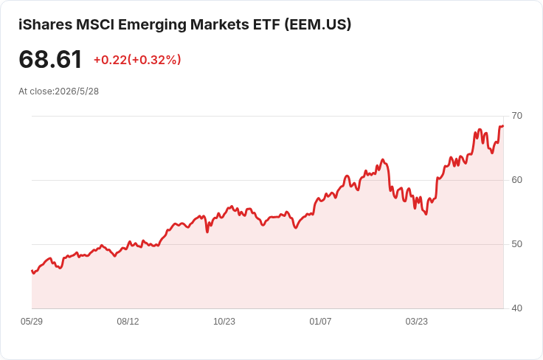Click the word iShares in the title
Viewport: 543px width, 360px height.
tap(45, 24)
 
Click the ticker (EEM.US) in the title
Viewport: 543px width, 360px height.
tap(318, 24)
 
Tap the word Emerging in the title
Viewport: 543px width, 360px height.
tap(151, 25)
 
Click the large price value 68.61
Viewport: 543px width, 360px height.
tap(50, 59)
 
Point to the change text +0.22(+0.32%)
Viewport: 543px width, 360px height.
tap(137, 60)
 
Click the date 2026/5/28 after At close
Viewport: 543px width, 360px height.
tap(77, 91)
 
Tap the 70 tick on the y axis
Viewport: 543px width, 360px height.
tap(516, 116)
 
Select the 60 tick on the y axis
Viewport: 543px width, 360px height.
tap(516, 180)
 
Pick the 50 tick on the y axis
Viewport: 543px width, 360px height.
tap(516, 244)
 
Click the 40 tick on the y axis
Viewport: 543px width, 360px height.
tap(516, 308)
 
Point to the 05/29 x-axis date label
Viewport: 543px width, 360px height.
tap(32, 322)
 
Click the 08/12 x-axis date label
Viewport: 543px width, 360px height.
tap(128, 322)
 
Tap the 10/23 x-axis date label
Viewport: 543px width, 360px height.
tap(224, 322)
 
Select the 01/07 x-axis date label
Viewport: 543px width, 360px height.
tap(320, 322)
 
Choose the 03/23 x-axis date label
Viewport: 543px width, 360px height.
tap(417, 322)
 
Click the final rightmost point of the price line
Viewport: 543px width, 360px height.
tap(503, 126)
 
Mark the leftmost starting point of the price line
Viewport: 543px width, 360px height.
tap(32, 271)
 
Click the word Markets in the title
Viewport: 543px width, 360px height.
tap(220, 24)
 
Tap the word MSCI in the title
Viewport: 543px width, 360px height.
tap(95, 24)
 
